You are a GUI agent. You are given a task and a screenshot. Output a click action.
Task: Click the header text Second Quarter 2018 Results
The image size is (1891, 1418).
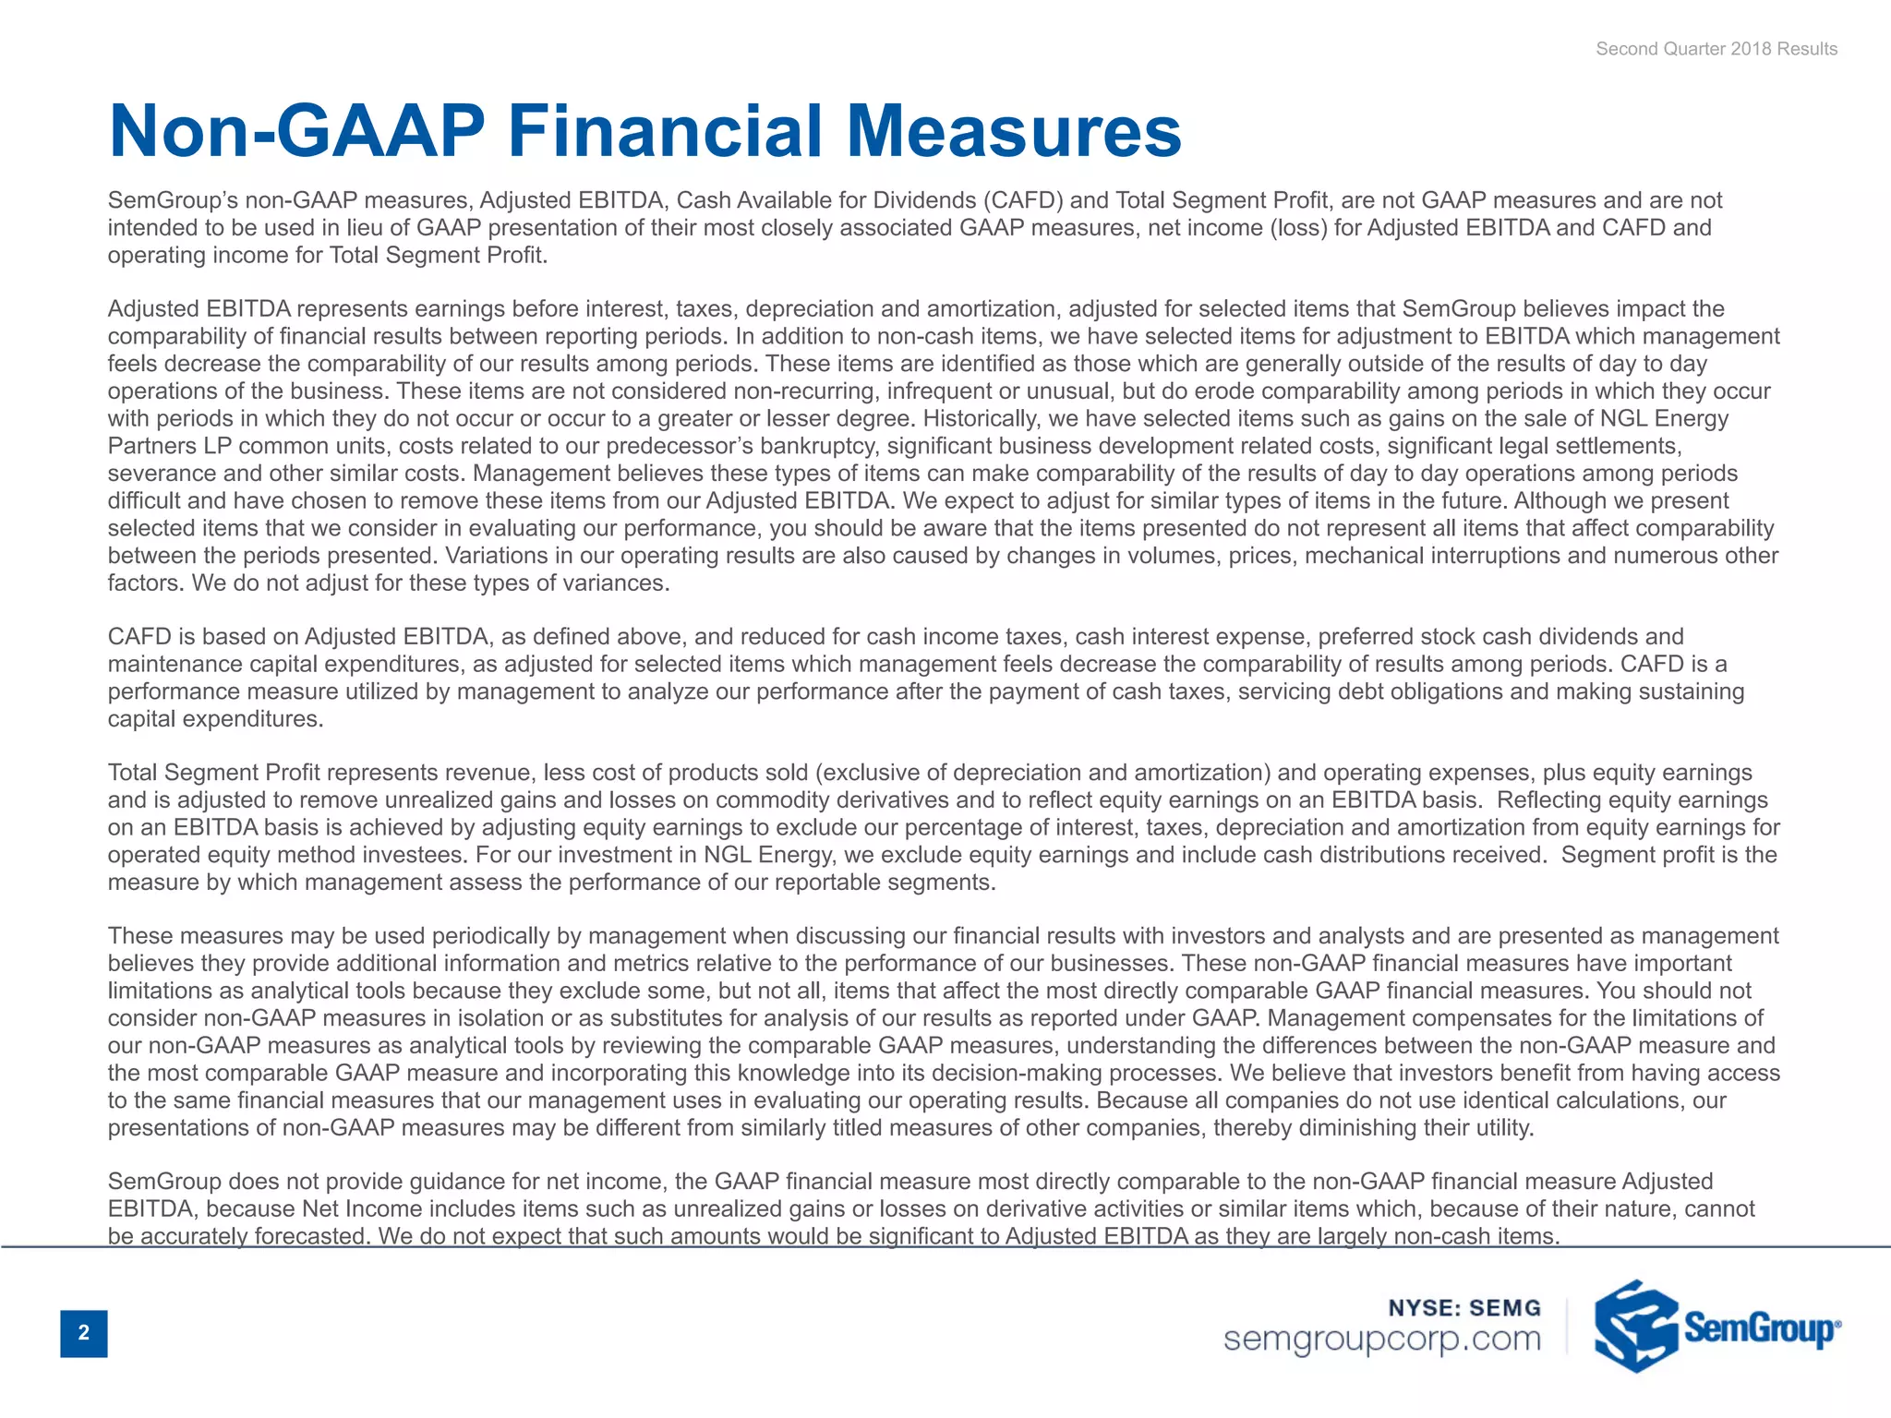tap(1716, 49)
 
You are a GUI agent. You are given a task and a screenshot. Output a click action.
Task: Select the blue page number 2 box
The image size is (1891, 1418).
tap(84, 1332)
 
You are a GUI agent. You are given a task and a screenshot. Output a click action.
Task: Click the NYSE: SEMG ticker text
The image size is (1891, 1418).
tap(1464, 1308)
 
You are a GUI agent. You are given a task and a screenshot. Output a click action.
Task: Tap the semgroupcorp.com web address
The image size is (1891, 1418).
tap(1382, 1339)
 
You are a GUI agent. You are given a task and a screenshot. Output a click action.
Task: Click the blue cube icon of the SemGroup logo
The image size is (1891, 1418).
tap(1635, 1326)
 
